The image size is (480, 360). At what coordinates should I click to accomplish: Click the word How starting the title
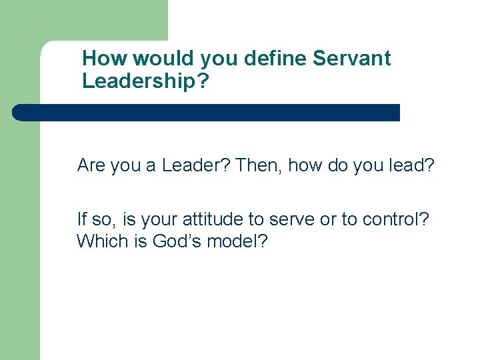click(x=105, y=59)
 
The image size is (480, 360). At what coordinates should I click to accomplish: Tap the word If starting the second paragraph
click(x=82, y=219)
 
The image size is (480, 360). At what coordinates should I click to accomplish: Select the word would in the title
click(x=161, y=59)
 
